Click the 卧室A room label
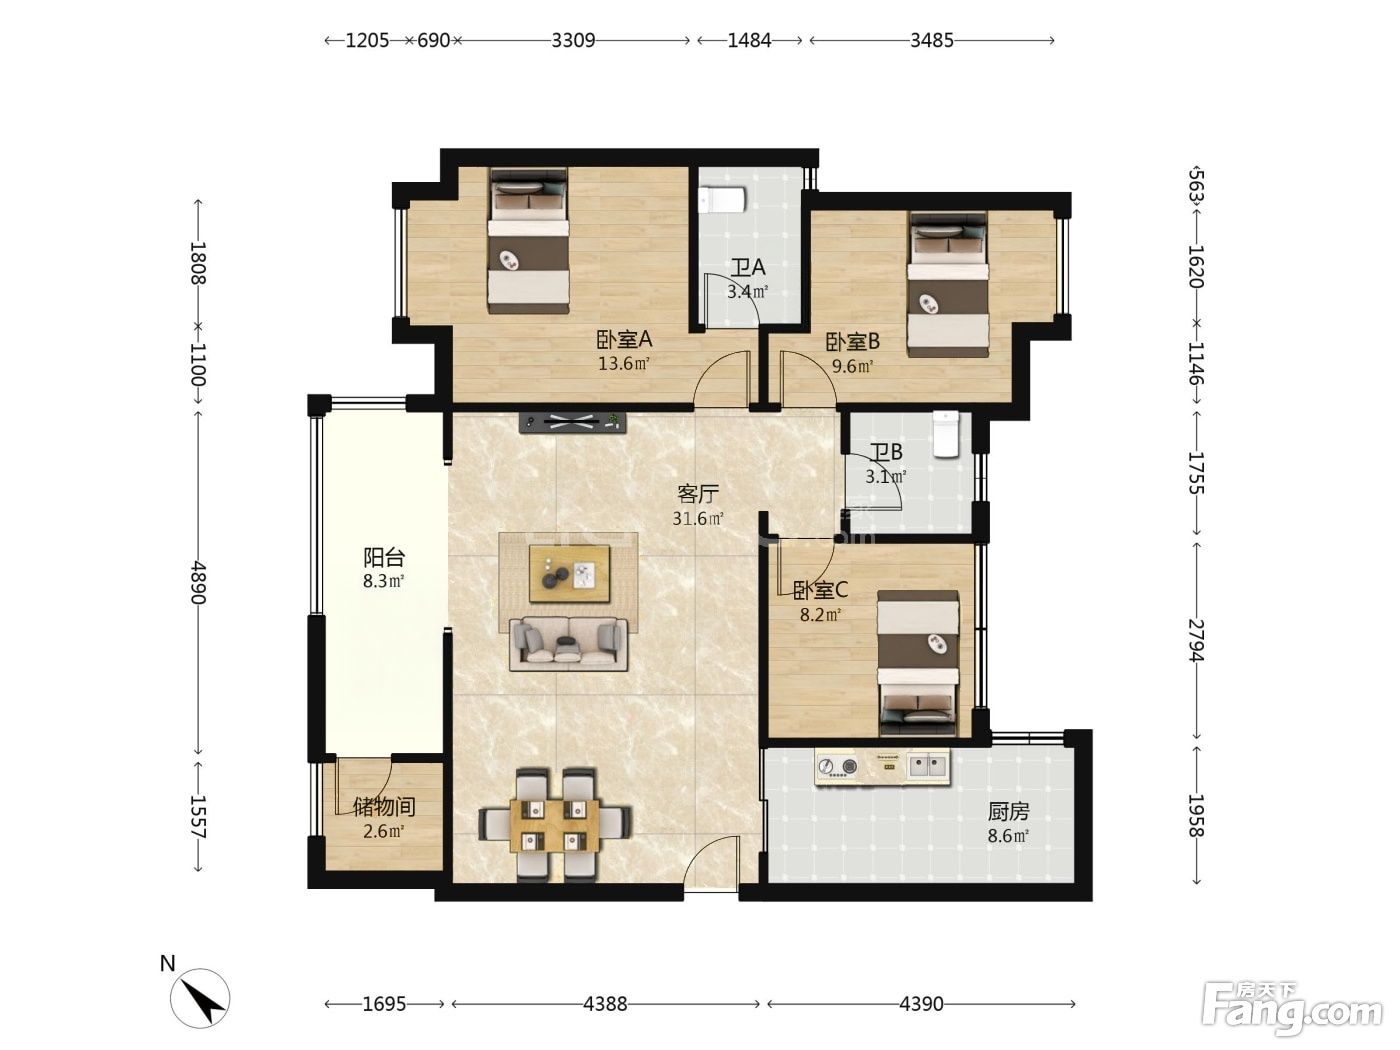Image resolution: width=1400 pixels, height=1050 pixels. click(x=624, y=340)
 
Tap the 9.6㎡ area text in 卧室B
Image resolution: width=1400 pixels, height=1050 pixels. click(x=852, y=367)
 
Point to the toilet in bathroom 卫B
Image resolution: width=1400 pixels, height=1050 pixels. click(x=946, y=434)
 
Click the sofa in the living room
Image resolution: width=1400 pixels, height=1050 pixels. click(x=568, y=643)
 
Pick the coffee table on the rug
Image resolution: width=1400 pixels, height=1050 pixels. click(x=569, y=573)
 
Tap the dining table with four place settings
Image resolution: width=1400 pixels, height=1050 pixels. click(x=555, y=825)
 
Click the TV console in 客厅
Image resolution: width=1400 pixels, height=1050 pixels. click(x=572, y=422)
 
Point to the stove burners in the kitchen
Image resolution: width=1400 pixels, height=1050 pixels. click(x=837, y=766)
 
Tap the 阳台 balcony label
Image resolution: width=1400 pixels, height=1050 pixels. click(x=384, y=558)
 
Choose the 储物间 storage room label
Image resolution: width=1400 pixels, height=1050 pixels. click(x=384, y=807)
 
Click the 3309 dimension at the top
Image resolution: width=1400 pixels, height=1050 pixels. click(x=573, y=41)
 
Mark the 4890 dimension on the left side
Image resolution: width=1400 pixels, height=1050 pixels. click(x=198, y=582)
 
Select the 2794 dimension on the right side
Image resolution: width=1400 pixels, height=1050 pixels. click(x=1197, y=640)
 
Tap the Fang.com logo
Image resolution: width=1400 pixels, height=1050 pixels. click(x=1292, y=1015)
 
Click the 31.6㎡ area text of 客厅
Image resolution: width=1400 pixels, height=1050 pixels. click(x=698, y=518)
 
